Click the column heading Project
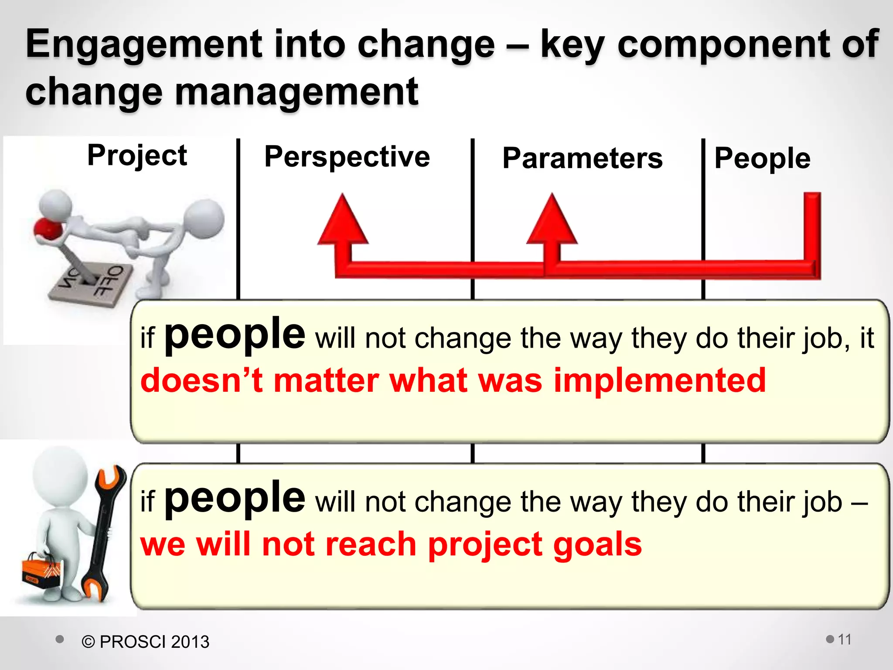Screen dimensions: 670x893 [137, 156]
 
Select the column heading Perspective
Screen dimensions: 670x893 [347, 157]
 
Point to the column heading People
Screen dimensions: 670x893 [762, 158]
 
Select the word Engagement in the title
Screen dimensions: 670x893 [144, 44]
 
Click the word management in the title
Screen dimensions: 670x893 [297, 92]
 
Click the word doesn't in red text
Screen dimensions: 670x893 [201, 381]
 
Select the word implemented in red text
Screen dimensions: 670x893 [659, 381]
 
